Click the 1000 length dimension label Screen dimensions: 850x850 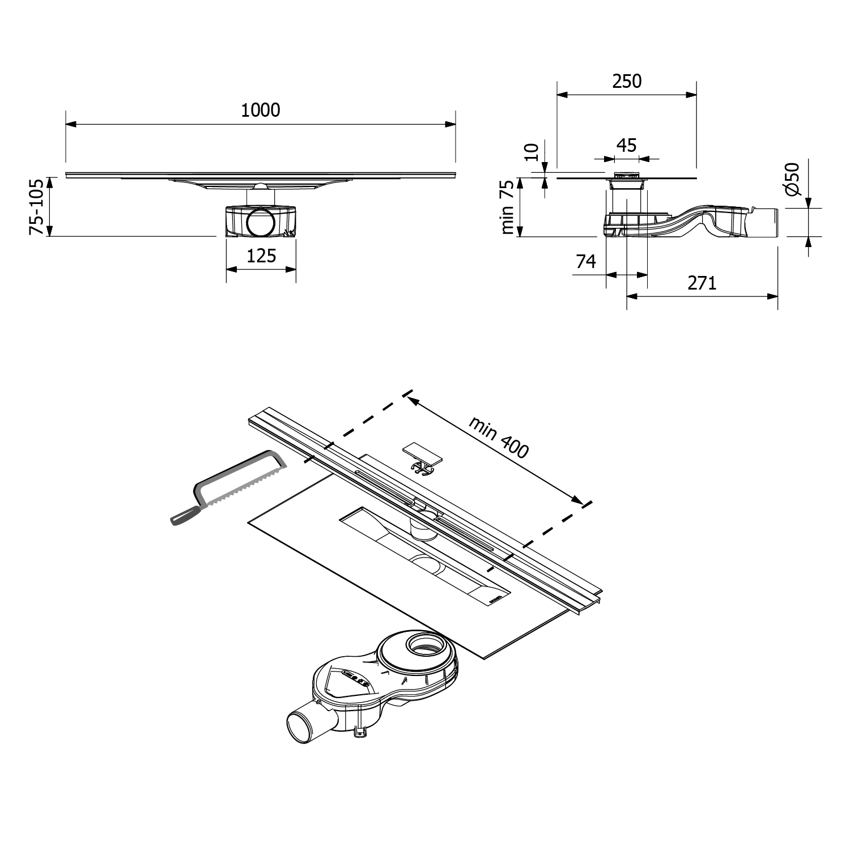coord(261,110)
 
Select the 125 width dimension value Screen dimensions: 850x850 coord(261,256)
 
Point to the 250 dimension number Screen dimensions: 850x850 coord(627,82)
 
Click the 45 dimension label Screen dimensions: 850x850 coord(626,146)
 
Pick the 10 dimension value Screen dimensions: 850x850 coord(532,151)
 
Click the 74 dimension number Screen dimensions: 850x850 coord(586,262)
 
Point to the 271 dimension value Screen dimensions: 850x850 coord(702,283)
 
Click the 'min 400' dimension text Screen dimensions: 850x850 coord(498,437)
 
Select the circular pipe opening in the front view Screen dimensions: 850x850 coord(261,222)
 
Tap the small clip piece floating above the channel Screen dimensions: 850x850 coord(422,458)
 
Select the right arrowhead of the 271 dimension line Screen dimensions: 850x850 coord(772,295)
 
